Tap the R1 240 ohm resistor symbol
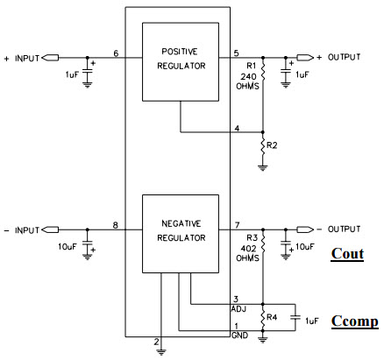click(263, 72)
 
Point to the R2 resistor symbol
click(263, 147)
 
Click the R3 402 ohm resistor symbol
click(263, 244)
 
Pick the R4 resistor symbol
click(263, 319)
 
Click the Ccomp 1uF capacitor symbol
click(295, 317)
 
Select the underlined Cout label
click(347, 254)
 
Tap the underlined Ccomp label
click(354, 321)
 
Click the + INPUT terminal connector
click(50, 58)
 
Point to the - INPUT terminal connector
click(50, 229)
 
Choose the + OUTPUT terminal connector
click(305, 58)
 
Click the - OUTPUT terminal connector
click(305, 229)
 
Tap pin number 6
click(116, 53)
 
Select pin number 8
click(116, 225)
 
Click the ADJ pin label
click(239, 309)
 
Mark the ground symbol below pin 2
click(161, 352)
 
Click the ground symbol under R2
click(263, 168)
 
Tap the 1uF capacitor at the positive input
click(87, 71)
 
